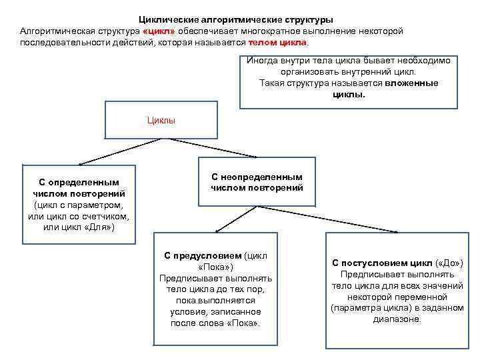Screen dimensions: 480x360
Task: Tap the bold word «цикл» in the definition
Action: click(159, 31)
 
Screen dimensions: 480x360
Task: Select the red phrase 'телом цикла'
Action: click(277, 42)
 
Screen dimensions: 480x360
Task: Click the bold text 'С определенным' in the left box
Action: click(79, 181)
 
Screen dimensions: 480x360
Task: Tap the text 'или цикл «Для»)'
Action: click(79, 227)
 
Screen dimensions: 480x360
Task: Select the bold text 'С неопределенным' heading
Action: click(257, 177)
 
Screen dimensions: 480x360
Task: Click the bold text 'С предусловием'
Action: click(203, 255)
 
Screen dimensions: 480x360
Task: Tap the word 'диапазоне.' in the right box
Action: click(397, 319)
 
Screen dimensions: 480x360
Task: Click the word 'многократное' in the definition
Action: click(271, 31)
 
